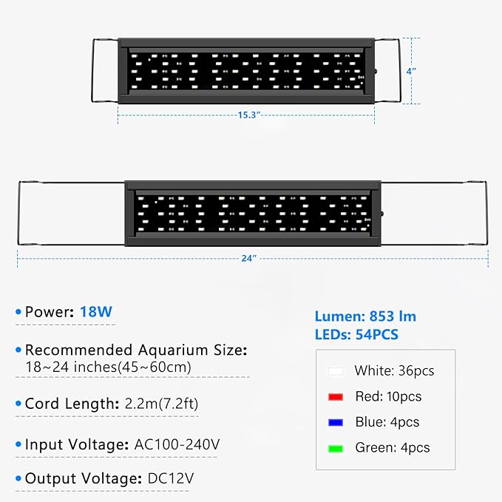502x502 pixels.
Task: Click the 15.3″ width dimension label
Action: tap(248, 115)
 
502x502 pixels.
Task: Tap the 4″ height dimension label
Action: tap(411, 71)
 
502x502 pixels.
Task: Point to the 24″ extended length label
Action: tap(248, 258)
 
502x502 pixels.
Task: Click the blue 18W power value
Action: tap(96, 312)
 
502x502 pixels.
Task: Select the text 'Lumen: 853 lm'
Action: tap(365, 316)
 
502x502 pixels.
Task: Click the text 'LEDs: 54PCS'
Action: tap(356, 335)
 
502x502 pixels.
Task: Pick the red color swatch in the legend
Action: tap(336, 397)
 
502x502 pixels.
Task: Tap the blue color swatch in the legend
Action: tap(336, 423)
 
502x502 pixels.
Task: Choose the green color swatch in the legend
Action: tap(336, 449)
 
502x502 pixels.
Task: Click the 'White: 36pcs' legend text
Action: tap(394, 370)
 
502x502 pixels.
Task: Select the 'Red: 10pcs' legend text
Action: tap(388, 397)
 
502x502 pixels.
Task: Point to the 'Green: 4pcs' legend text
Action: tap(393, 447)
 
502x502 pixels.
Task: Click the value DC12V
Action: tap(171, 478)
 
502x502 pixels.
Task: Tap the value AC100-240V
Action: tap(177, 444)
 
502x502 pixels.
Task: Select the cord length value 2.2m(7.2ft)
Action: tap(161, 404)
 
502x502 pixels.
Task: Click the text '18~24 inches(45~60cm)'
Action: tap(108, 367)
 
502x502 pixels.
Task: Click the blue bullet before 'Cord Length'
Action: tap(18, 404)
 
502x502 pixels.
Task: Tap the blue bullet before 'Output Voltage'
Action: tap(18, 478)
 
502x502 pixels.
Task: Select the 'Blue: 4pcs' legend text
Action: tap(387, 422)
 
